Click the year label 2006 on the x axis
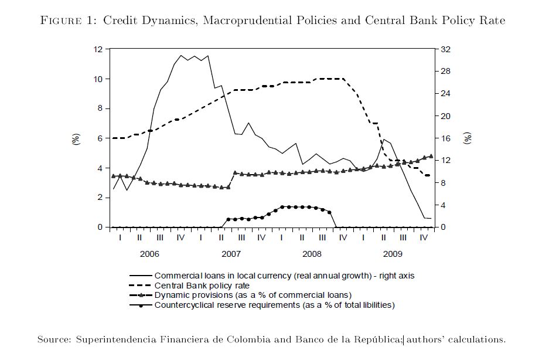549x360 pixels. pos(149,254)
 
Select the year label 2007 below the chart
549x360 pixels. pos(231,254)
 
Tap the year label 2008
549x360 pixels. pos(312,254)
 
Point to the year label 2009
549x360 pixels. pos(393,254)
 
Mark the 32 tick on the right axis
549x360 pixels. pos(445,49)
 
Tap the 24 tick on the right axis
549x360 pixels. pos(445,94)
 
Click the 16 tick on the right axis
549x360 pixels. pos(445,138)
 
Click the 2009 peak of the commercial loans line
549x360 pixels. pos(384,139)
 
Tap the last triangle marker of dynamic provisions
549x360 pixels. pos(431,156)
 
